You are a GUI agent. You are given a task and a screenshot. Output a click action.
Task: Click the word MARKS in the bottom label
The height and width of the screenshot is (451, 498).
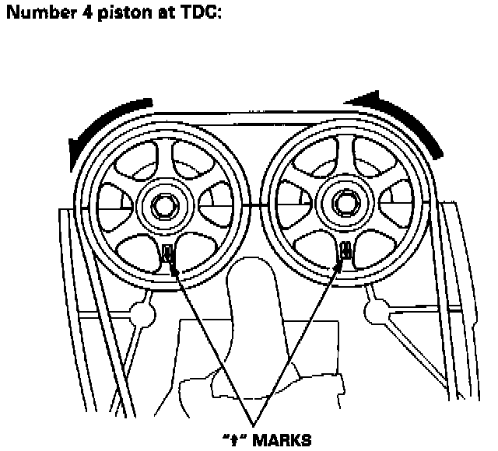click(x=282, y=439)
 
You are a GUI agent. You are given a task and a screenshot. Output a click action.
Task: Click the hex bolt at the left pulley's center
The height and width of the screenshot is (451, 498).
click(x=164, y=206)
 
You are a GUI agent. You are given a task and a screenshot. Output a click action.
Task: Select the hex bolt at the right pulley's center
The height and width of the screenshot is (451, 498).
click(x=343, y=205)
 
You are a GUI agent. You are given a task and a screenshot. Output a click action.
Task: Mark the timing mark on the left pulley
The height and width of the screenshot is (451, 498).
click(x=168, y=253)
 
